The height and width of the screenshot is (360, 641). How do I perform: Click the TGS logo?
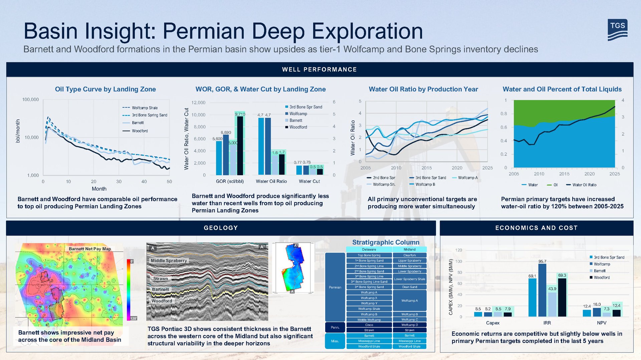point(617,30)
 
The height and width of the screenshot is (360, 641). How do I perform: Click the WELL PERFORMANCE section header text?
point(319,69)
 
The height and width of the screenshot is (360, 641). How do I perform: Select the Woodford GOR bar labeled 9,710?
point(240,145)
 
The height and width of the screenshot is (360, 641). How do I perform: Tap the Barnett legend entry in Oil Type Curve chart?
point(138,123)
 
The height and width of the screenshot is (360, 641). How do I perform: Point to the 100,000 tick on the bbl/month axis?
point(30,99)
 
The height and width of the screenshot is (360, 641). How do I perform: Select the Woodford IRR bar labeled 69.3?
point(562,297)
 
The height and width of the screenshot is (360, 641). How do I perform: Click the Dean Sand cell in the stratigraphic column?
point(409,287)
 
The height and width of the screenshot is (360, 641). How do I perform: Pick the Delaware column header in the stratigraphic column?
point(369,250)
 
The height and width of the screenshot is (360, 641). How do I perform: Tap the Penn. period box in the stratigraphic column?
point(335,327)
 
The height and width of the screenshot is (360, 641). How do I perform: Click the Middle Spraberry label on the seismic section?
point(169,261)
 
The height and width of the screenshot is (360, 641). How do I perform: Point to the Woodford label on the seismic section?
point(162,301)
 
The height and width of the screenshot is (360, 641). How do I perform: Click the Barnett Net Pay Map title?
point(90,249)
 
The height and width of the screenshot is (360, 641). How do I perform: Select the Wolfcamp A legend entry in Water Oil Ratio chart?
point(467,178)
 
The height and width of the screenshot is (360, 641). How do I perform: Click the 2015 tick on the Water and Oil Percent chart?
point(564,174)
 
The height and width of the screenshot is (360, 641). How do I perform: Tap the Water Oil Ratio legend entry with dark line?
point(584,185)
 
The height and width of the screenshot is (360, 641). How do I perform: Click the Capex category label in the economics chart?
point(492,323)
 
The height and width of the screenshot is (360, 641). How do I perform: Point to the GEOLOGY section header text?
point(221,228)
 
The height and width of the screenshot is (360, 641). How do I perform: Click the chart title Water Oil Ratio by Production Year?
point(423,89)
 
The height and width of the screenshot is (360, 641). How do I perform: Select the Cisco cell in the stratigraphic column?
point(369,325)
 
